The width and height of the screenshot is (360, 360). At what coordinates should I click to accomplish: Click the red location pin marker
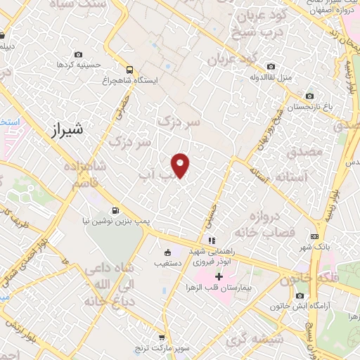click(181, 165)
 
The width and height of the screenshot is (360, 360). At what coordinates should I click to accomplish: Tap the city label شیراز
click(68, 129)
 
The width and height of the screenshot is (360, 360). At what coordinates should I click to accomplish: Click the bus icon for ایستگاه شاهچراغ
click(129, 70)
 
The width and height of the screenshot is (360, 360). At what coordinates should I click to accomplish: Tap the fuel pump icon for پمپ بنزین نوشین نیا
click(115, 210)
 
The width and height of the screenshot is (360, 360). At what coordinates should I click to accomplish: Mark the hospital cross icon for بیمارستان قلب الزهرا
click(219, 276)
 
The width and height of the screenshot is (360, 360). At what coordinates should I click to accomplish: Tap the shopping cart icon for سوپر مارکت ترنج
click(162, 337)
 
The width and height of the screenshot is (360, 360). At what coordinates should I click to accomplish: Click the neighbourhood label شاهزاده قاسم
click(89, 175)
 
